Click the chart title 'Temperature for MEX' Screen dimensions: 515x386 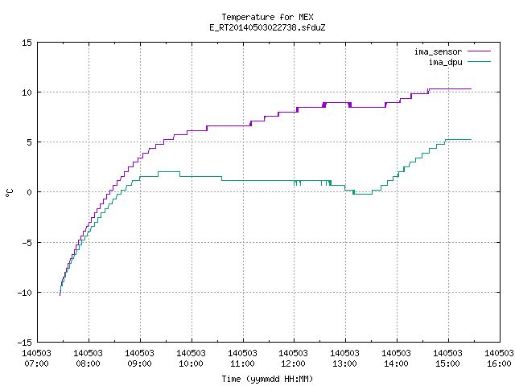pos(267,17)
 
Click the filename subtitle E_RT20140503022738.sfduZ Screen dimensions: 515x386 pos(267,27)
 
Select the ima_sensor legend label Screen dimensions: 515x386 pos(438,51)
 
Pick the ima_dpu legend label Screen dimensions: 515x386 pos(445,62)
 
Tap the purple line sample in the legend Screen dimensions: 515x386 pos(480,51)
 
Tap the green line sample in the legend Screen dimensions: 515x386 pos(480,62)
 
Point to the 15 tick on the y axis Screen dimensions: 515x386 pos(27,43)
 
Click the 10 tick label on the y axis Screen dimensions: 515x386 pos(27,92)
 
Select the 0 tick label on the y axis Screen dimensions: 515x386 pos(29,192)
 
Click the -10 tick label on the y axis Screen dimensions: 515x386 pos(25,293)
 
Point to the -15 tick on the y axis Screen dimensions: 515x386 pos(25,343)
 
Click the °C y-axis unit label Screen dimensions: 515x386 pos(9,193)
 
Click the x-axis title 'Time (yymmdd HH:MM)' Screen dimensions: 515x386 pos(267,379)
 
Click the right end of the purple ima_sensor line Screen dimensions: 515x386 pos(471,89)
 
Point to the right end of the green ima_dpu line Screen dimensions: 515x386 pos(471,139)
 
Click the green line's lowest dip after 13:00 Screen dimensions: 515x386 pos(363,194)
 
